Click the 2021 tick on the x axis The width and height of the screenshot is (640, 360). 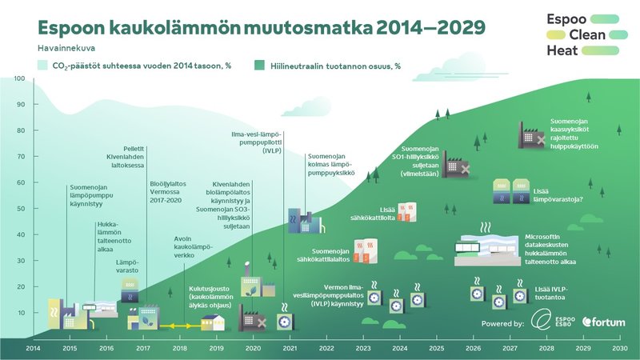tap(290, 348)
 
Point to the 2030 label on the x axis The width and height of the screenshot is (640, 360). tap(619, 348)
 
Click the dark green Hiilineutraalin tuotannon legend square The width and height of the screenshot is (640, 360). tap(259, 64)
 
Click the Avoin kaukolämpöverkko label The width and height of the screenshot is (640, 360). tap(194, 247)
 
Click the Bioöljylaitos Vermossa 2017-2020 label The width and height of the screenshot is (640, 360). tap(167, 193)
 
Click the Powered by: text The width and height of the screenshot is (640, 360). tap(503, 322)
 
